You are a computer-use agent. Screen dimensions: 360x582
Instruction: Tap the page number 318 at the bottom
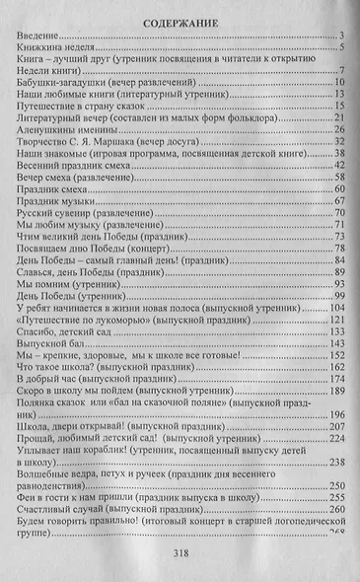180,553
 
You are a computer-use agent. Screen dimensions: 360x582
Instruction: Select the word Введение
38,36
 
